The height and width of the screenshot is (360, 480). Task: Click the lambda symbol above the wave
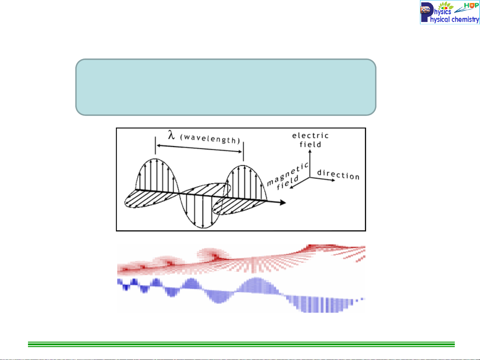click(x=172, y=135)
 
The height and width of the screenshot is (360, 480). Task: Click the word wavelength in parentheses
click(x=210, y=139)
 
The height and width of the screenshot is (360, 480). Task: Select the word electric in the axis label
click(x=310, y=136)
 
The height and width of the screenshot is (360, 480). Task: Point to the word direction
click(x=338, y=175)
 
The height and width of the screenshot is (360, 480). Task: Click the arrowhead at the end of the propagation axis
click(x=283, y=202)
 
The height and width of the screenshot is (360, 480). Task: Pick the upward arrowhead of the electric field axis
click(x=310, y=152)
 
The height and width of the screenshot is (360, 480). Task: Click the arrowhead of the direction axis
click(x=333, y=180)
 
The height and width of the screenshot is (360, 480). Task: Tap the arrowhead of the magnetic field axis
click(x=291, y=187)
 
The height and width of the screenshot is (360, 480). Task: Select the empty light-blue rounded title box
click(x=226, y=87)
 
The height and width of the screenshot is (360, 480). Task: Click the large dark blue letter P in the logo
click(x=426, y=12)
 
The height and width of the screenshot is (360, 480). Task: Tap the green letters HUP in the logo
click(x=471, y=5)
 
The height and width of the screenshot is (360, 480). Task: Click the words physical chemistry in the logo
click(x=454, y=19)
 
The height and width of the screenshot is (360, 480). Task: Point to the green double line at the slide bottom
click(x=241, y=344)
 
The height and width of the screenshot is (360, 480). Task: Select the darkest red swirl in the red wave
click(x=216, y=257)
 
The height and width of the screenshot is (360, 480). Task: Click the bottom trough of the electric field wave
click(x=203, y=228)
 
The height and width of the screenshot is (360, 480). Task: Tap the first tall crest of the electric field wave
click(x=155, y=159)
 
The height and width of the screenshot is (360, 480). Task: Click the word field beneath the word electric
click(x=310, y=145)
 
